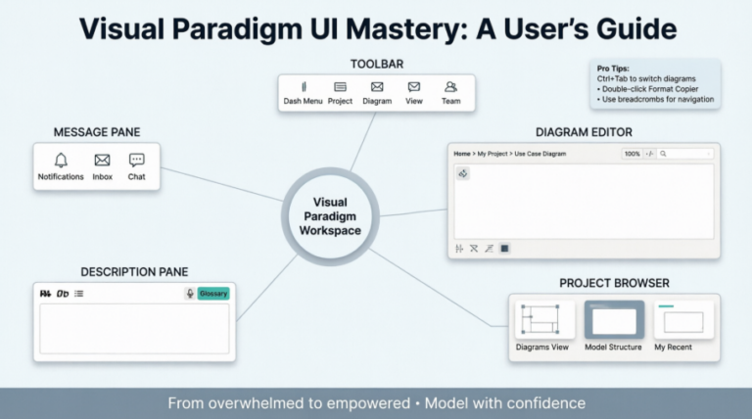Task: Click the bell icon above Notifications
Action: pyautogui.click(x=61, y=161)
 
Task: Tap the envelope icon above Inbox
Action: pyautogui.click(x=102, y=161)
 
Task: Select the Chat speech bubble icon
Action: pyautogui.click(x=136, y=161)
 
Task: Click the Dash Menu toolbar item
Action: pyautogui.click(x=304, y=87)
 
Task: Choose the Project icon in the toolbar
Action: pyautogui.click(x=340, y=87)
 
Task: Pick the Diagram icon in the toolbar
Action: pyautogui.click(x=377, y=87)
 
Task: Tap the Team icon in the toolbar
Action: pyautogui.click(x=451, y=87)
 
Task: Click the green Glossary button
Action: pyautogui.click(x=213, y=293)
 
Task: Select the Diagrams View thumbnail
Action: pyautogui.click(x=541, y=320)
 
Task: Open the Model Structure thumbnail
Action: pyautogui.click(x=614, y=320)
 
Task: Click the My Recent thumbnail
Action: pyautogui.click(x=682, y=320)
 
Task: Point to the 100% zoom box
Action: pyautogui.click(x=632, y=154)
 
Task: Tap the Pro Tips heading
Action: pyautogui.click(x=615, y=69)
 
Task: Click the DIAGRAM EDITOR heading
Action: pyautogui.click(x=584, y=132)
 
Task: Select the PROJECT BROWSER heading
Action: pyautogui.click(x=614, y=283)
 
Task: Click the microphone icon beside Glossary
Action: pyautogui.click(x=190, y=293)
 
